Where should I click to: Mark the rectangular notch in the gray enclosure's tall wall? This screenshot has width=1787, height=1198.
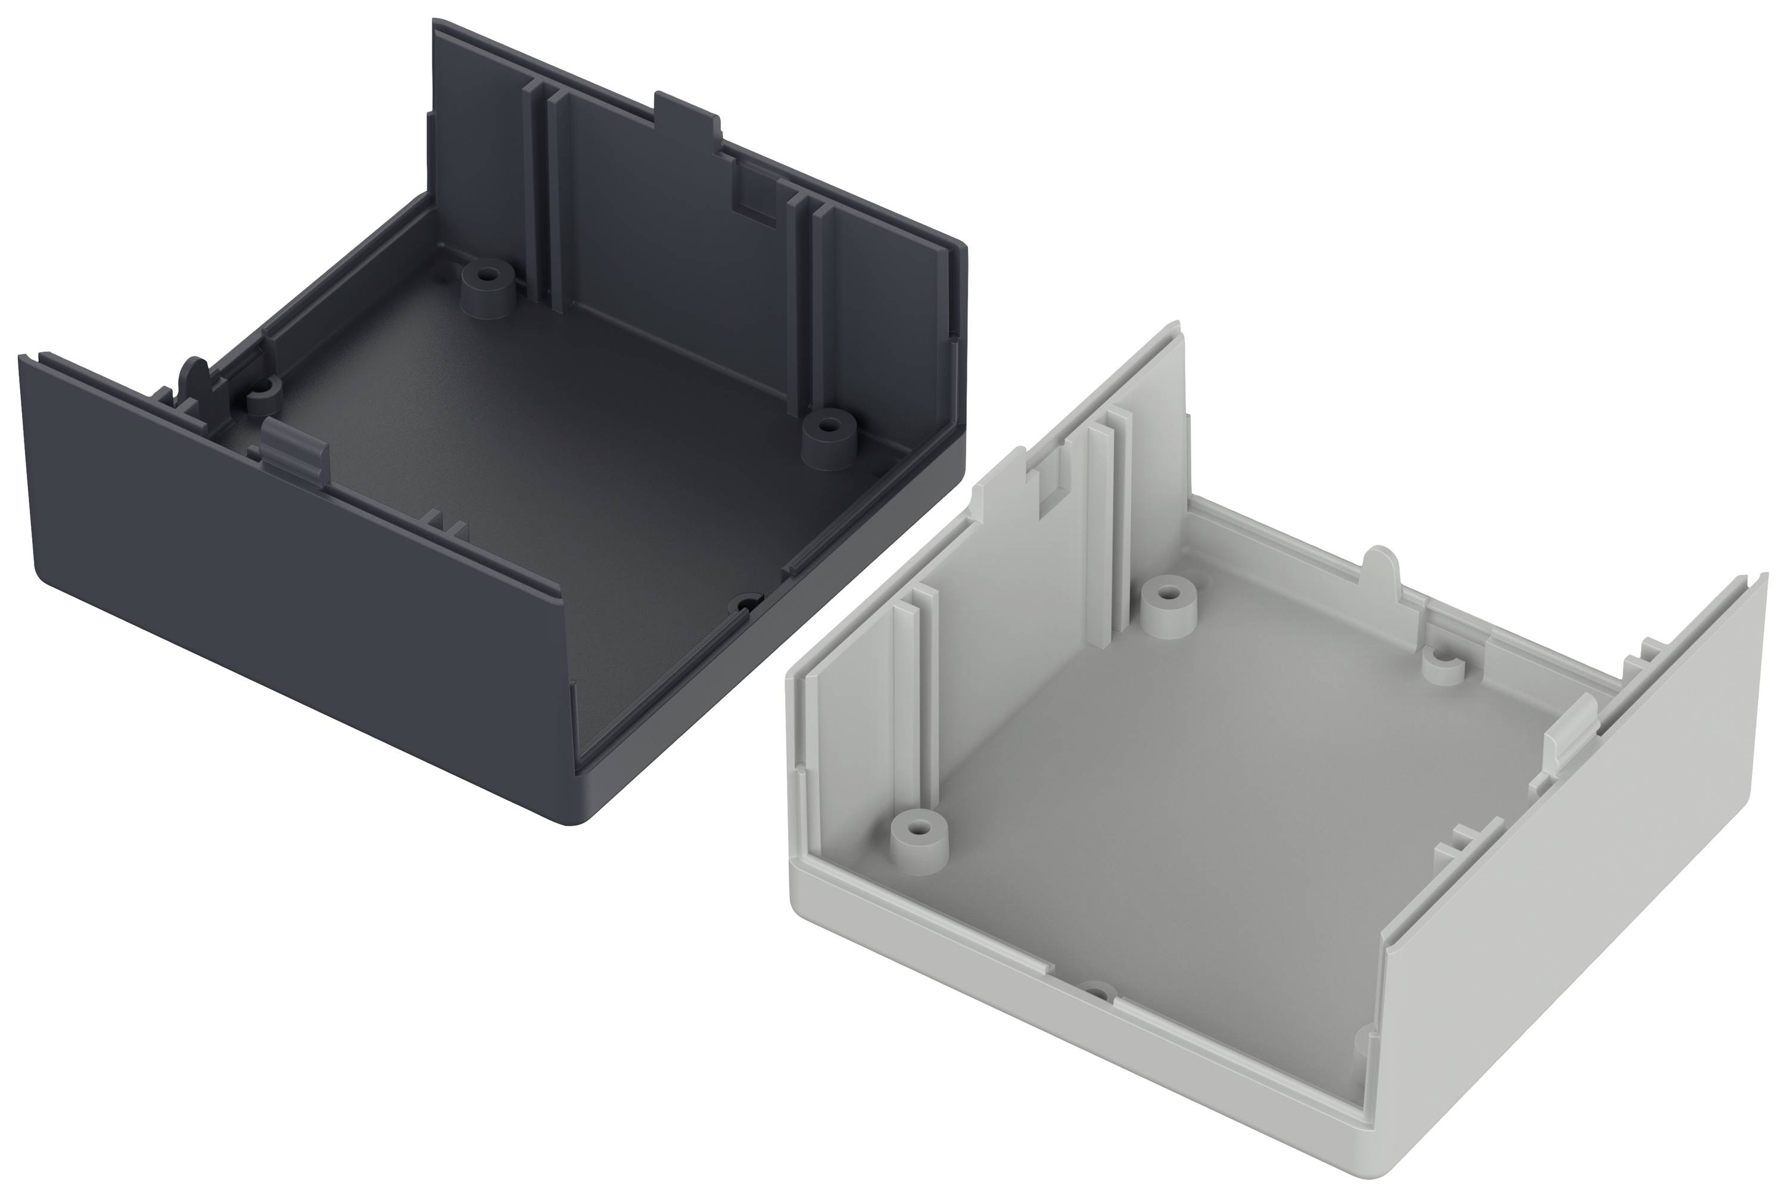coord(1051,489)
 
